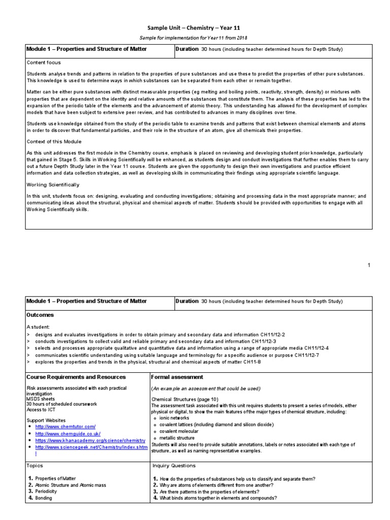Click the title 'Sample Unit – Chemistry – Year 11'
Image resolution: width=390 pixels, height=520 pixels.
[x=194, y=28]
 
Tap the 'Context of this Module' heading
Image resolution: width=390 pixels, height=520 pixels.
[x=54, y=141]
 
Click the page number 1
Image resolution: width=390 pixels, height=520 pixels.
[x=369, y=265]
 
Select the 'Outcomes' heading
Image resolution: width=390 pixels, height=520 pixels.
[x=40, y=315]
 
